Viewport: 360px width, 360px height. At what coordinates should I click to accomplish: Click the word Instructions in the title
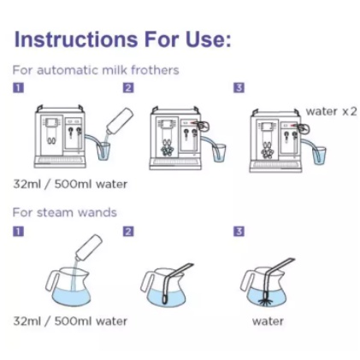[x=76, y=38]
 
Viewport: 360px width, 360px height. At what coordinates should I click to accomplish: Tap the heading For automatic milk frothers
[x=96, y=70]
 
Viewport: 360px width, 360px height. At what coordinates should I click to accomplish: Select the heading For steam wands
[x=65, y=213]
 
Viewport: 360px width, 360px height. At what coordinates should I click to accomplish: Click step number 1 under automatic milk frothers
[x=18, y=87]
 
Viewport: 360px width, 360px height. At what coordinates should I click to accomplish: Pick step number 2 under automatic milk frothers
[x=128, y=87]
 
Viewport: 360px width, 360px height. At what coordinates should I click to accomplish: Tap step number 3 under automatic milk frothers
[x=239, y=87]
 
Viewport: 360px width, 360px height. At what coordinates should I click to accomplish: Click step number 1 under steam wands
[x=18, y=231]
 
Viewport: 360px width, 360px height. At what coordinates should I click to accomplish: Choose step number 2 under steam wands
[x=128, y=231]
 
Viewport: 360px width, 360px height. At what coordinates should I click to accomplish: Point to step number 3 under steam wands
[x=239, y=231]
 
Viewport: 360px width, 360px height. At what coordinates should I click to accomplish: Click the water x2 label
[x=331, y=111]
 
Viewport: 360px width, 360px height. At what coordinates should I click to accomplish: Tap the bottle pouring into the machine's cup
[x=120, y=121]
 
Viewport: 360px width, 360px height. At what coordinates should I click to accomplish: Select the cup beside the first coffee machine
[x=103, y=151]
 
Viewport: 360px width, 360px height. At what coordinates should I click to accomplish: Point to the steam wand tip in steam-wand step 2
[x=165, y=298]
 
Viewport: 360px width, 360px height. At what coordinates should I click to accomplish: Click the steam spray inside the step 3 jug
[x=268, y=303]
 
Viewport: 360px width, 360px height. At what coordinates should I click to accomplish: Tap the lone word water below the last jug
[x=268, y=322]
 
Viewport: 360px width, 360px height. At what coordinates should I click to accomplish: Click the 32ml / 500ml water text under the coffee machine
[x=70, y=184]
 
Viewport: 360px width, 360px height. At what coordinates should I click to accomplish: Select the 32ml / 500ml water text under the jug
[x=70, y=322]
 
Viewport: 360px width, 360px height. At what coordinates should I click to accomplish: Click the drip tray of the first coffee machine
[x=60, y=162]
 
